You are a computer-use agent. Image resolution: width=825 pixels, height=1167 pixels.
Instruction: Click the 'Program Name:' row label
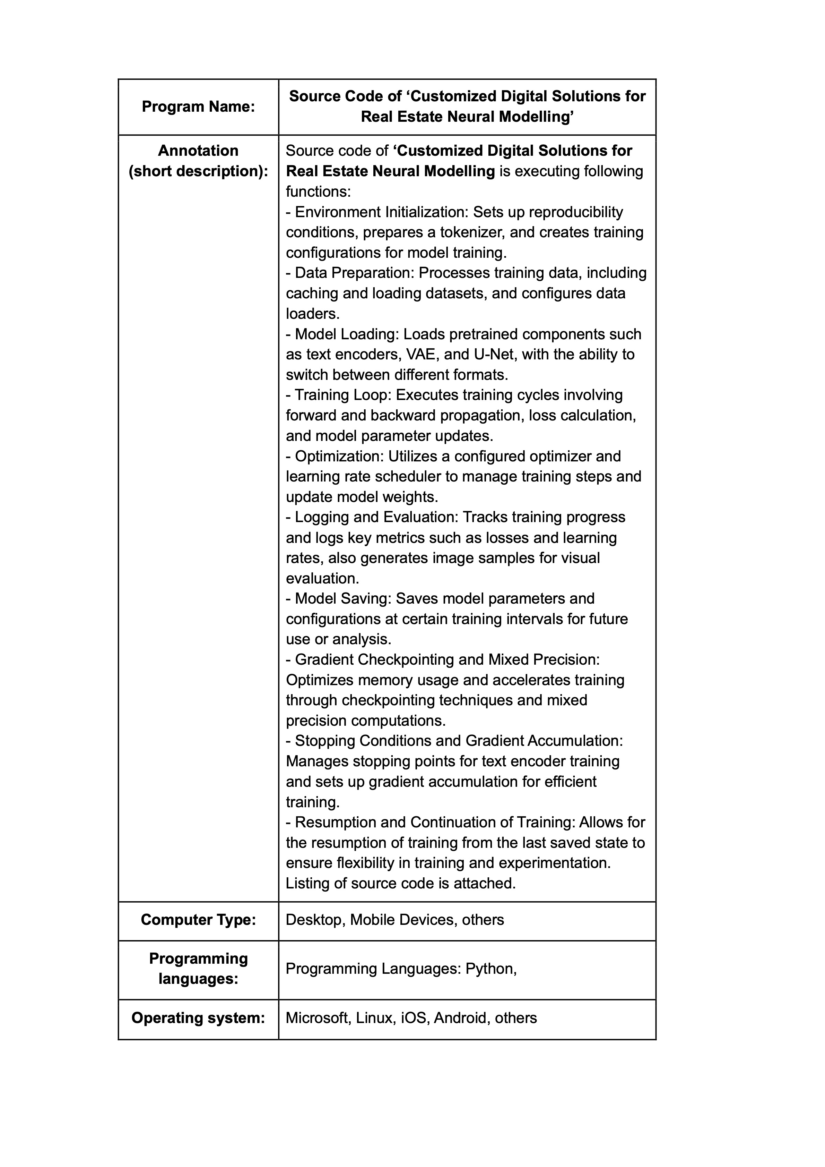tap(198, 107)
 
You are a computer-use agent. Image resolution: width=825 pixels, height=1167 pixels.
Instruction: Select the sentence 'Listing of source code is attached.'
tap(401, 883)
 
